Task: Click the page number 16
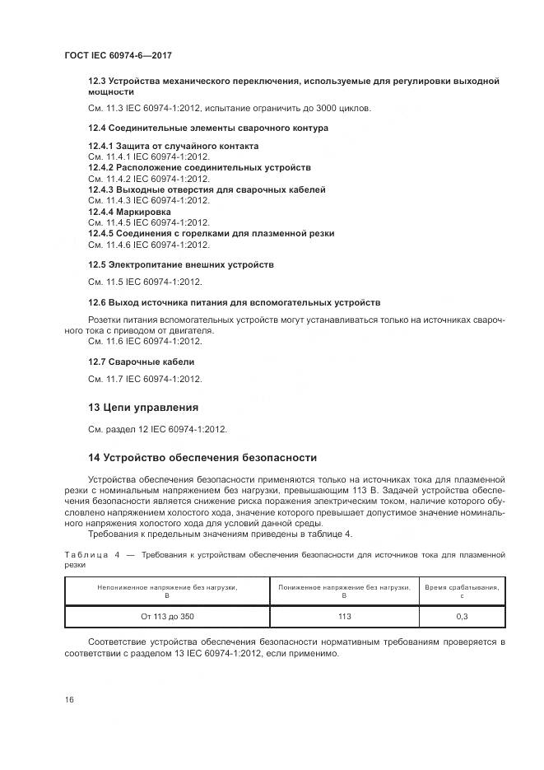click(x=69, y=699)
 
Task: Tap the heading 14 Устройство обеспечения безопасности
click(x=202, y=457)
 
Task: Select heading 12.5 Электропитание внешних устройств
click(x=180, y=264)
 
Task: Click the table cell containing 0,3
click(x=462, y=616)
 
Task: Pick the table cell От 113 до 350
click(x=168, y=616)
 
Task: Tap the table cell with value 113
click(x=344, y=616)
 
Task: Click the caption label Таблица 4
click(x=91, y=556)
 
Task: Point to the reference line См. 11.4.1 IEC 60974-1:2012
click(x=148, y=156)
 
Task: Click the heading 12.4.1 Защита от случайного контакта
click(x=173, y=146)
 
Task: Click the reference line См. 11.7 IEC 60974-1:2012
click(x=144, y=379)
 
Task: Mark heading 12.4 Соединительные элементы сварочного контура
click(x=207, y=128)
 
